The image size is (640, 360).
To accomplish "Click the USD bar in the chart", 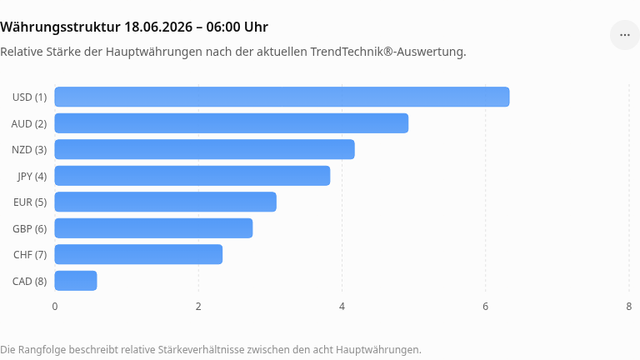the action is click(282, 97).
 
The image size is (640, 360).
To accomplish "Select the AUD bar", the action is click(231, 123).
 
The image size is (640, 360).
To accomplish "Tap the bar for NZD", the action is click(204, 149).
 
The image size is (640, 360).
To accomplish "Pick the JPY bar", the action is click(192, 176).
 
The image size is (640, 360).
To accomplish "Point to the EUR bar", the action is click(165, 202).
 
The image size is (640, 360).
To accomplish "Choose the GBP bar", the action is click(153, 228).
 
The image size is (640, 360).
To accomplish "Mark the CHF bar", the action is click(138, 254).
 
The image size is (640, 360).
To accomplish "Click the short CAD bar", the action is click(76, 281).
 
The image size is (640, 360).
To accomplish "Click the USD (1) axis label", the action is click(29, 98).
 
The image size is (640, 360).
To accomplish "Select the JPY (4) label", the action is click(32, 176).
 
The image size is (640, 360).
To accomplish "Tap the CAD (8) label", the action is click(29, 281).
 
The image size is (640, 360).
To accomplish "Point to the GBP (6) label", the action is click(29, 229).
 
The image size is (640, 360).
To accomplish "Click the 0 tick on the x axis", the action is click(55, 307).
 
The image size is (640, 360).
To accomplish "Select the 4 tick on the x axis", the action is click(342, 307).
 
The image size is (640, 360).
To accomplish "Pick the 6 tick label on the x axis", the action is click(485, 307).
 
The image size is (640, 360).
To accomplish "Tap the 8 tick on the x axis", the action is click(629, 307).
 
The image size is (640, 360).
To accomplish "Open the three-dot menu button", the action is click(624, 35).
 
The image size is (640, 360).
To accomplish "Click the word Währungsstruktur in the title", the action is click(60, 27).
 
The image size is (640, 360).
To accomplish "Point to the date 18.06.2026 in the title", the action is click(158, 27).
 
